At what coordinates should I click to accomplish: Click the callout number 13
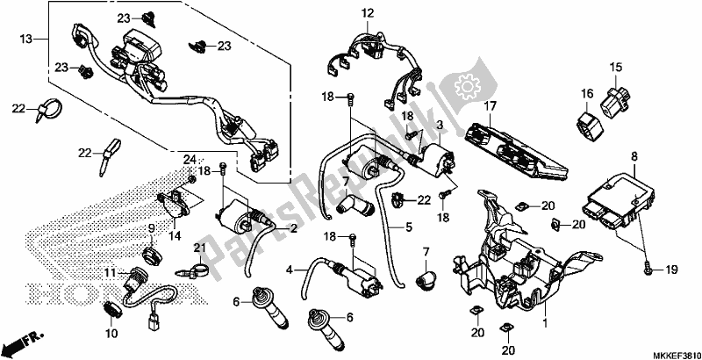click(x=25, y=40)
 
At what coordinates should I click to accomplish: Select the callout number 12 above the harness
click(x=367, y=12)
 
